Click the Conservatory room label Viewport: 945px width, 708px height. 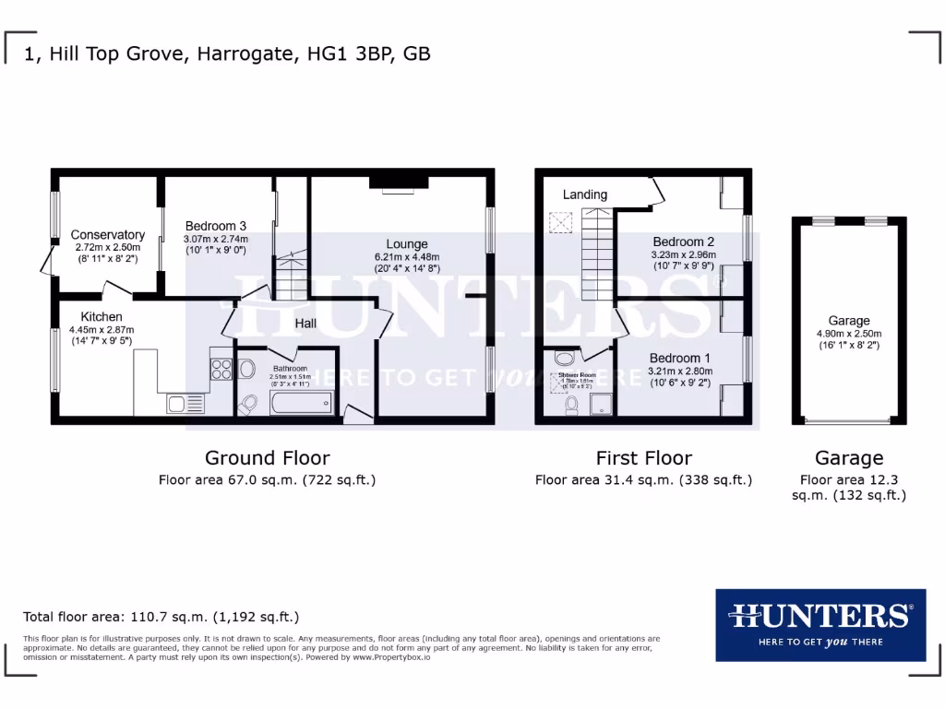tap(108, 235)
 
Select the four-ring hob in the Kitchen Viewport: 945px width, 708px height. tap(221, 369)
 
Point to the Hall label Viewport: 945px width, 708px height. tap(305, 324)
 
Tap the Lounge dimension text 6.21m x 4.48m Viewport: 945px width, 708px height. tap(406, 257)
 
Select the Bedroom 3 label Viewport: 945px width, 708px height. tap(215, 226)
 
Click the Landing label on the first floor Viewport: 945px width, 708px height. tap(585, 195)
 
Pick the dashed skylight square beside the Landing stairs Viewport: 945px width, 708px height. tap(558, 222)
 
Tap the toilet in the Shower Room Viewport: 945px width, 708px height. tap(571, 405)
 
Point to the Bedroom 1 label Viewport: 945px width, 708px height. tap(679, 358)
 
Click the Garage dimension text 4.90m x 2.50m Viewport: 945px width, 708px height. tap(849, 334)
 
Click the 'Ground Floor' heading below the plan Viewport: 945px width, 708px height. tap(267, 457)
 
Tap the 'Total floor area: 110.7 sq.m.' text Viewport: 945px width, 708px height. tap(161, 617)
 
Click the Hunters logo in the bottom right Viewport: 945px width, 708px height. tap(819, 624)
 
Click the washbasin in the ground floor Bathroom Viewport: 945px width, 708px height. tap(245, 369)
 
